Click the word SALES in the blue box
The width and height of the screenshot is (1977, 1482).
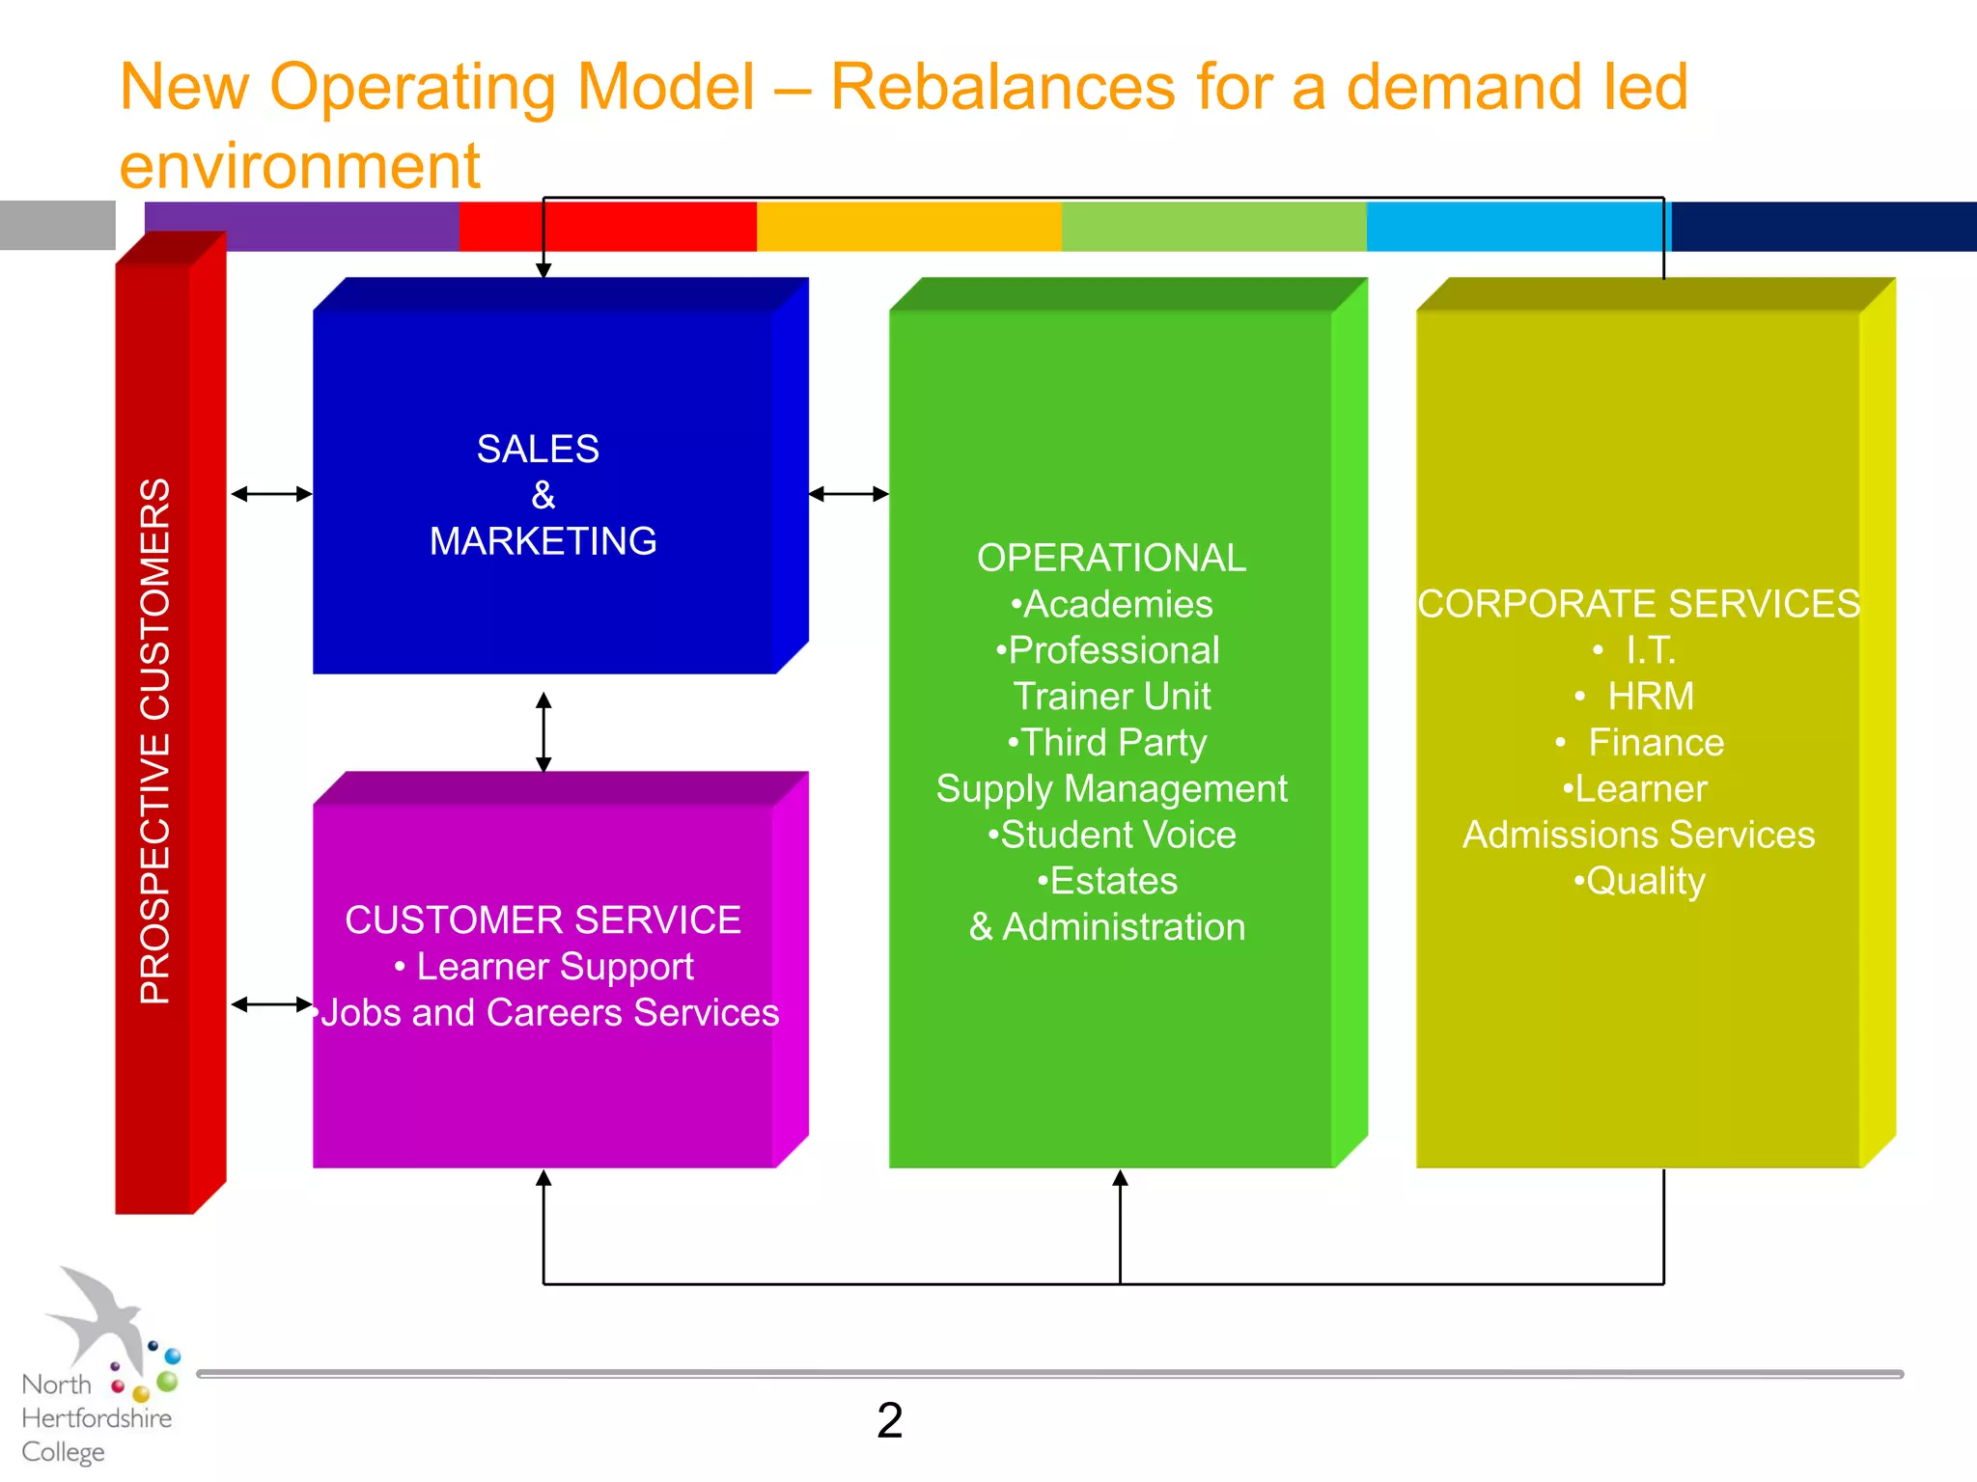pyautogui.click(x=538, y=450)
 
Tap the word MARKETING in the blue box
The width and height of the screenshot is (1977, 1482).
pyautogui.click(x=543, y=541)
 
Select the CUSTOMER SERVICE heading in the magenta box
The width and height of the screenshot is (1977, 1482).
pyautogui.click(x=543, y=920)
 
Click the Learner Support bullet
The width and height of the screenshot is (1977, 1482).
pyautogui.click(x=554, y=967)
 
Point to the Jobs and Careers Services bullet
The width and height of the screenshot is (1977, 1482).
pyautogui.click(x=548, y=1013)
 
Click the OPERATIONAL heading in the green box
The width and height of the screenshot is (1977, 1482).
pyautogui.click(x=1111, y=559)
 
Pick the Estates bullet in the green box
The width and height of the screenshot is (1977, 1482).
pyautogui.click(x=1111, y=882)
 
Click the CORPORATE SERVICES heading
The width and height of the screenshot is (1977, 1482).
pyautogui.click(x=1638, y=605)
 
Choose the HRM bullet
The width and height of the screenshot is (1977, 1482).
pyautogui.click(x=1649, y=697)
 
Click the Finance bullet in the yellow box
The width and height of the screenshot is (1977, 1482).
pyautogui.click(x=1655, y=743)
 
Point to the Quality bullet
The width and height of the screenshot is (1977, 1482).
pyautogui.click(x=1644, y=882)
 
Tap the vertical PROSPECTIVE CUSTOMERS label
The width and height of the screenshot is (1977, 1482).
pyautogui.click(x=155, y=741)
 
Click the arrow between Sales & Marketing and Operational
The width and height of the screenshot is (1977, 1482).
pyautogui.click(x=849, y=494)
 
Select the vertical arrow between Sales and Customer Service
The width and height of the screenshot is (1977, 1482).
pyautogui.click(x=543, y=731)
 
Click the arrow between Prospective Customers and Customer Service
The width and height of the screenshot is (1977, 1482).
pyautogui.click(x=271, y=1004)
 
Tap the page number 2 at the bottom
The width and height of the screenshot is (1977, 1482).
pyautogui.click(x=889, y=1421)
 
